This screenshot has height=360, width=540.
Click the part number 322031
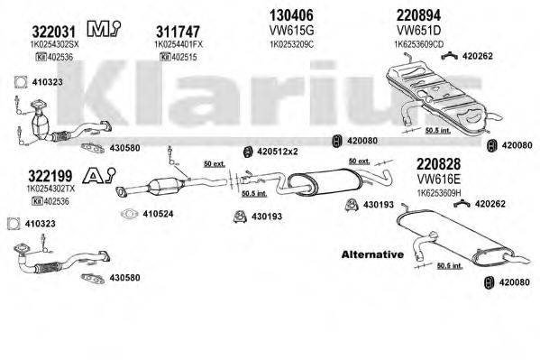[x=40, y=30]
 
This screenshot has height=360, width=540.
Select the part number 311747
[x=182, y=30]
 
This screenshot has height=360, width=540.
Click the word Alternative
[x=371, y=255]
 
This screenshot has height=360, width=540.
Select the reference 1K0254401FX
[x=183, y=43]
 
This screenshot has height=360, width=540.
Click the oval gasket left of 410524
[x=128, y=215]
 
